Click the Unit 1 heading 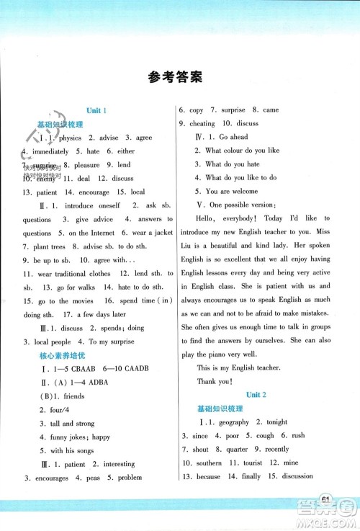click(x=96, y=110)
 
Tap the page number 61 click(x=325, y=501)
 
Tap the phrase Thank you click(x=214, y=381)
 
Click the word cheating click(x=202, y=123)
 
